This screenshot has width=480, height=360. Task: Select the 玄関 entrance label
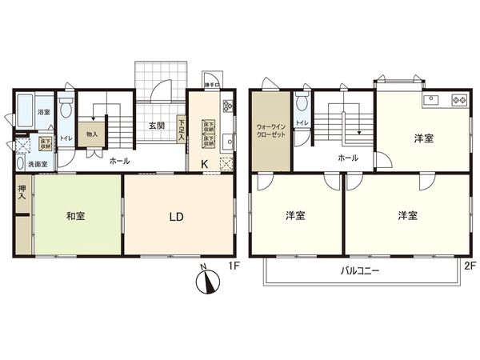(158, 126)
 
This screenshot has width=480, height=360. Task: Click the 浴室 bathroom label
(44, 113)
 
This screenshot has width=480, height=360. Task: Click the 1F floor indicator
(234, 265)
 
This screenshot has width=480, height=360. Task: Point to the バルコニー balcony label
(360, 270)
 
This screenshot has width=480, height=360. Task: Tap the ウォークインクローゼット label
(270, 130)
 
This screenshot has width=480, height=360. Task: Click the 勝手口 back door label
(212, 82)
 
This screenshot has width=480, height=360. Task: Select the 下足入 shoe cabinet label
(182, 130)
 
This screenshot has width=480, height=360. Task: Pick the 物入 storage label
(92, 134)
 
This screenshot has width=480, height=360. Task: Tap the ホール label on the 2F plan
(348, 158)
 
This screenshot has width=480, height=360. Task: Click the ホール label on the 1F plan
(119, 161)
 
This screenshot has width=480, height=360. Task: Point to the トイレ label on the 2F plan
(302, 123)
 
